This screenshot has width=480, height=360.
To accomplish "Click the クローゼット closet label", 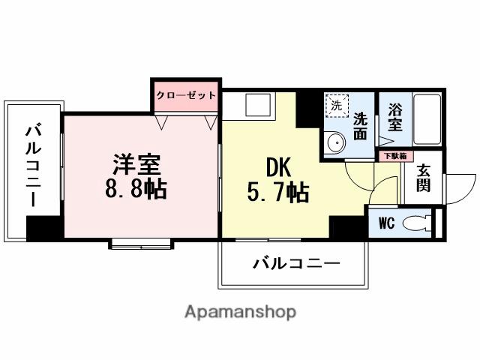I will click(x=186, y=95).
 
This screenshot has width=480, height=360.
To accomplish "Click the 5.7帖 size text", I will click(x=277, y=193).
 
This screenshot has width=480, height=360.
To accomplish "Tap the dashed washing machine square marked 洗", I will click(x=336, y=106).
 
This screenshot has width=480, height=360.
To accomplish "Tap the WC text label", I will click(x=386, y=223).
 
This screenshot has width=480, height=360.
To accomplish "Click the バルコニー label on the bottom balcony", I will click(x=296, y=263).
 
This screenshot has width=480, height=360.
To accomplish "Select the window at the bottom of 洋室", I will click(x=142, y=243).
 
